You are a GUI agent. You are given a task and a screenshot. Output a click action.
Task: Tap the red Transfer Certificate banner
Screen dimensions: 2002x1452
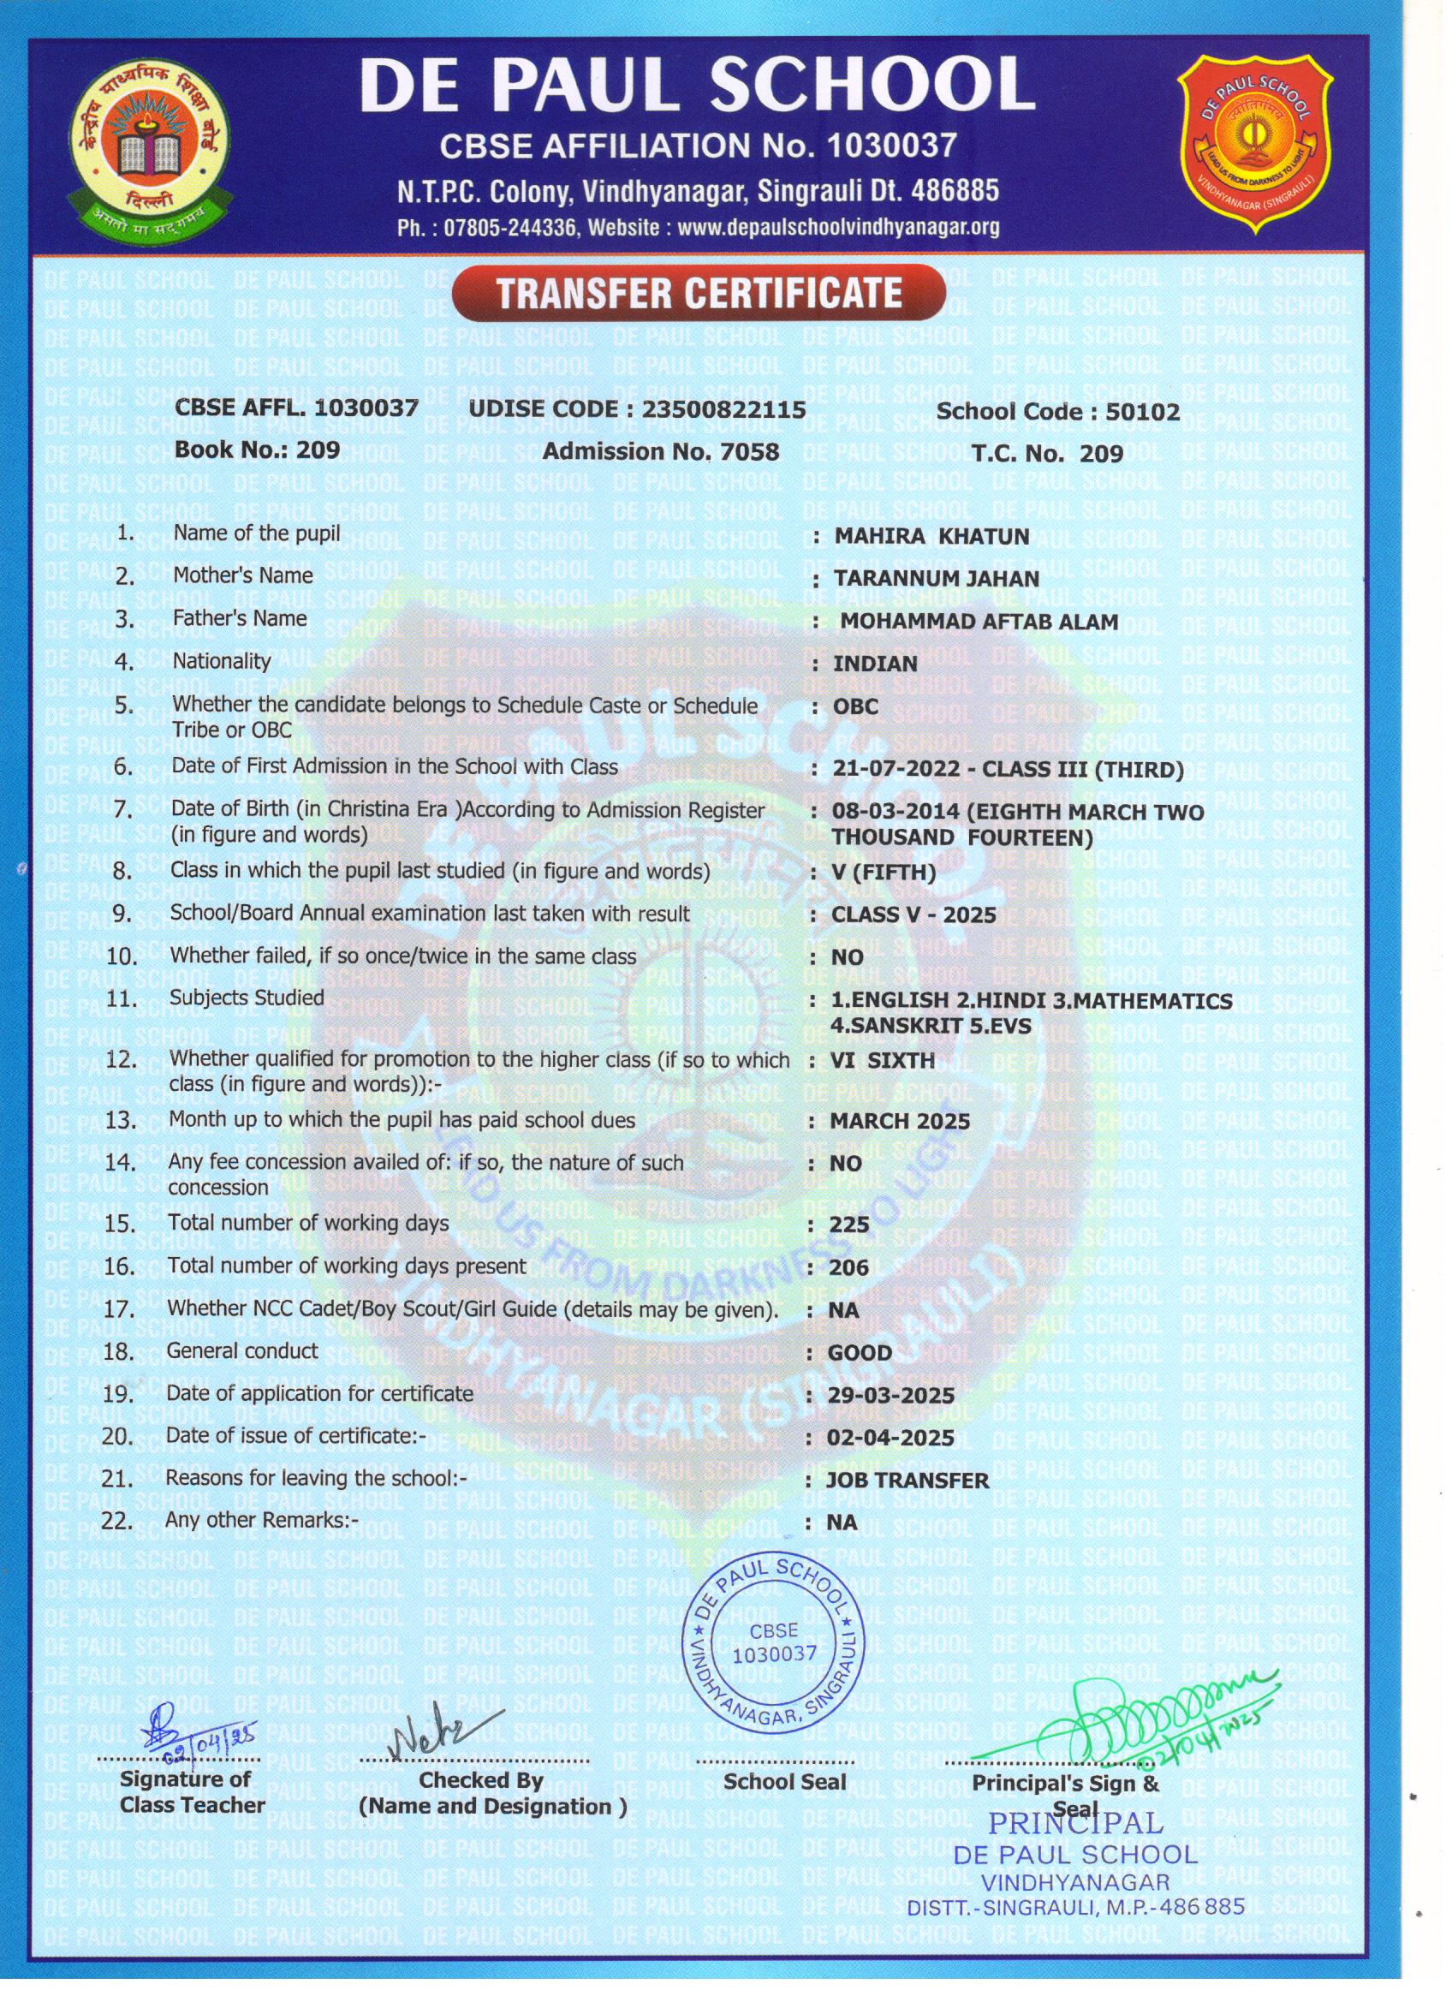coord(699,293)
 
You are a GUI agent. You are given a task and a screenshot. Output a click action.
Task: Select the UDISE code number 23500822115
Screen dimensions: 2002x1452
coord(723,408)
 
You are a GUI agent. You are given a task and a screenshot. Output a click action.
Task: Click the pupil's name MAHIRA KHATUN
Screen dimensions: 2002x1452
coord(931,537)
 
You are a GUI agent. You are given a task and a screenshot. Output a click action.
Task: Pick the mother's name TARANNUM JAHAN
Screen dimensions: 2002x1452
coord(937,579)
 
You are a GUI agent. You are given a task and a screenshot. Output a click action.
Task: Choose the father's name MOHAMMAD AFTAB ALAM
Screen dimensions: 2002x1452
coord(979,622)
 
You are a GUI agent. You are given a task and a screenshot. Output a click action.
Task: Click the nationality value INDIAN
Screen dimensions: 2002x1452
coord(875,664)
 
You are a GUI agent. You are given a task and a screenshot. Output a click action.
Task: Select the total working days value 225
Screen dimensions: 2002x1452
coord(849,1224)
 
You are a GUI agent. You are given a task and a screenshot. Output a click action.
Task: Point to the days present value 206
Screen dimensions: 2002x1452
coord(849,1267)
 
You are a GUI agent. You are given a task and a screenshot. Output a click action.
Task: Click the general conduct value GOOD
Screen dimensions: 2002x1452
coord(859,1353)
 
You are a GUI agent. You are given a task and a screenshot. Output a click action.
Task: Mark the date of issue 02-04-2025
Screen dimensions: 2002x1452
coord(890,1438)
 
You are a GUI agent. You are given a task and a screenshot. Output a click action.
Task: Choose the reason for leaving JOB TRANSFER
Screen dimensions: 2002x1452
coord(907,1481)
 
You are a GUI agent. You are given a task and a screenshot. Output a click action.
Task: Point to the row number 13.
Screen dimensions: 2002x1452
coord(121,1120)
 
